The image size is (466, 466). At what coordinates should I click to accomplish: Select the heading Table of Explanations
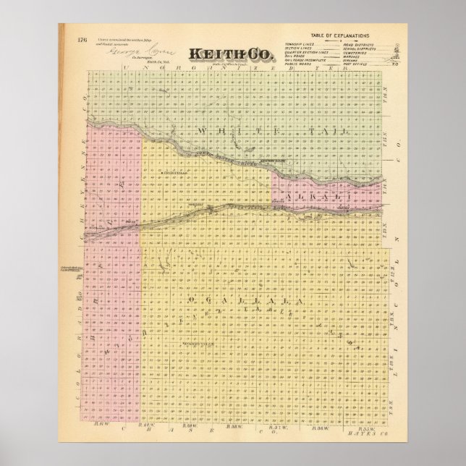pos(339,35)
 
